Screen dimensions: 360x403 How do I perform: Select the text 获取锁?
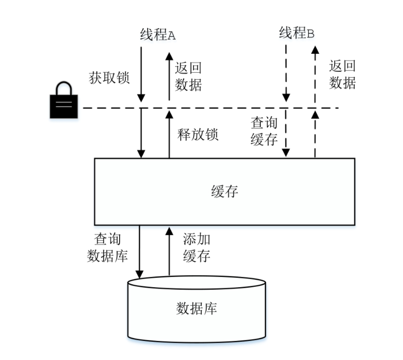[x=109, y=78]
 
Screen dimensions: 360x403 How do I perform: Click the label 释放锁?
[x=198, y=135]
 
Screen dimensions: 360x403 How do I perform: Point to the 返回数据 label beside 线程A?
[x=189, y=77]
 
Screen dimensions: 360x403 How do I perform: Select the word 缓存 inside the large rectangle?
[x=225, y=191]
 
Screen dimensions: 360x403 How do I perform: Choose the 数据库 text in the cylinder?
[x=196, y=309]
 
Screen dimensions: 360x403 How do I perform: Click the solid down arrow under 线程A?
[x=141, y=73]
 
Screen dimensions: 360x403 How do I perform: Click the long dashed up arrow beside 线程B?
[x=315, y=73]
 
